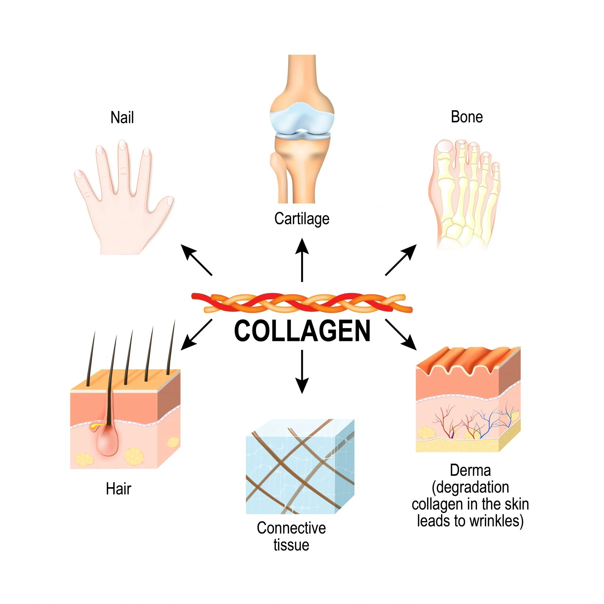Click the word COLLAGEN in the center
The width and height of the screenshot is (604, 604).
coord(302,331)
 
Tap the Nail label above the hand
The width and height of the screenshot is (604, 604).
coord(122,118)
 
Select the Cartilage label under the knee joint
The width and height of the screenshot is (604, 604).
coord(302,219)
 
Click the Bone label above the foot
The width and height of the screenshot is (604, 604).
coord(467,117)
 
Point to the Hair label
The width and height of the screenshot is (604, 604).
coord(119,489)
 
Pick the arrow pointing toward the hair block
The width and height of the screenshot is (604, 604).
coord(196,335)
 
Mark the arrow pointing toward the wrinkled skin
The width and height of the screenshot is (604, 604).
coord(401,334)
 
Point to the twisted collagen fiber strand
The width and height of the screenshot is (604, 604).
coord(302,303)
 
